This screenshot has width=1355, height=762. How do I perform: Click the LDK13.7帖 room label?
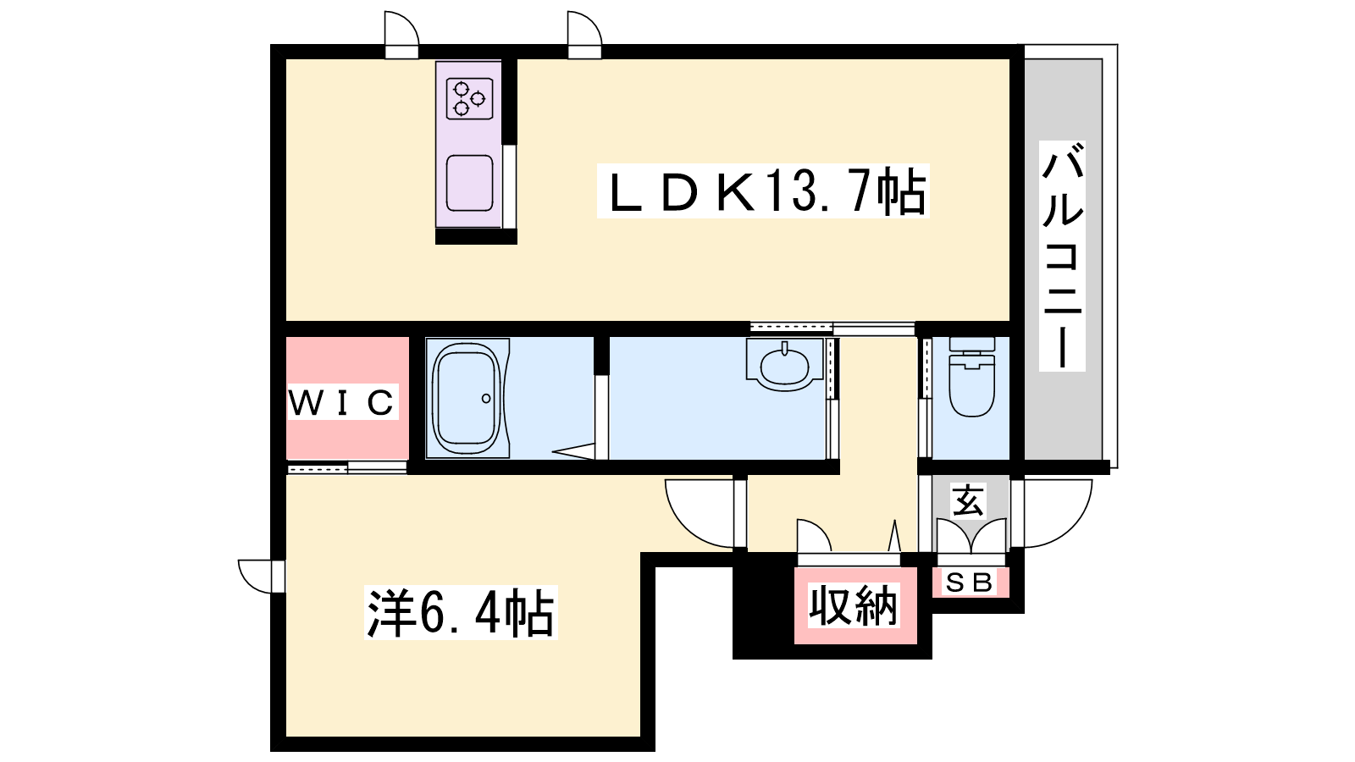[x=763, y=190]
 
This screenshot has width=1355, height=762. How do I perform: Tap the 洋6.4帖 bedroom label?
[x=461, y=612]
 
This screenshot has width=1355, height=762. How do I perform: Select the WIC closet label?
[x=342, y=401]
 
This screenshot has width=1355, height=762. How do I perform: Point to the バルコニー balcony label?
[x=1062, y=256]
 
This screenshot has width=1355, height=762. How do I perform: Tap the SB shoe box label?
[x=970, y=583]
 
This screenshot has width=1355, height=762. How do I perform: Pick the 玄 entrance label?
[x=968, y=500]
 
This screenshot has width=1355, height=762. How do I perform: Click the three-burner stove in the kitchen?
[x=469, y=99]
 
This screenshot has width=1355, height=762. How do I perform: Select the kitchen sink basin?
[x=469, y=183]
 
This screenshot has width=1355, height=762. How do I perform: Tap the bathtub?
[x=467, y=399]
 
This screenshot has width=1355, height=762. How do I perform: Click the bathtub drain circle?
[x=486, y=399]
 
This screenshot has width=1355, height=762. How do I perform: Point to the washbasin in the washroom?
[x=784, y=365]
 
